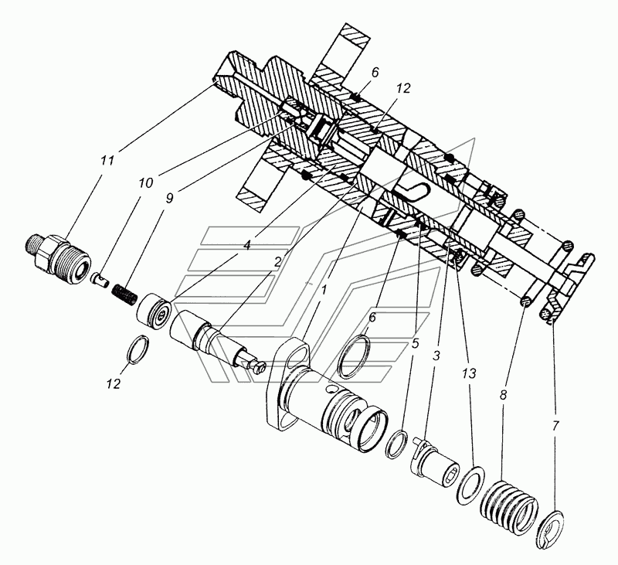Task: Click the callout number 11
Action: click(x=107, y=161)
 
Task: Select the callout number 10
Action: click(x=145, y=183)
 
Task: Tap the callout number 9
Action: click(x=169, y=199)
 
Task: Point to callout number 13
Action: click(x=469, y=373)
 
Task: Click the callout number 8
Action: click(x=504, y=395)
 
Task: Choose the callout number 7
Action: click(x=555, y=426)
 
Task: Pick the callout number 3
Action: click(x=436, y=356)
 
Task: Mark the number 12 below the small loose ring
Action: click(x=113, y=383)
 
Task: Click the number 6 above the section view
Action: click(x=375, y=72)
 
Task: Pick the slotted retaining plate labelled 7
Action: click(x=552, y=529)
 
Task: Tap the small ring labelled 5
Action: click(x=396, y=444)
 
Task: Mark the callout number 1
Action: click(x=324, y=290)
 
